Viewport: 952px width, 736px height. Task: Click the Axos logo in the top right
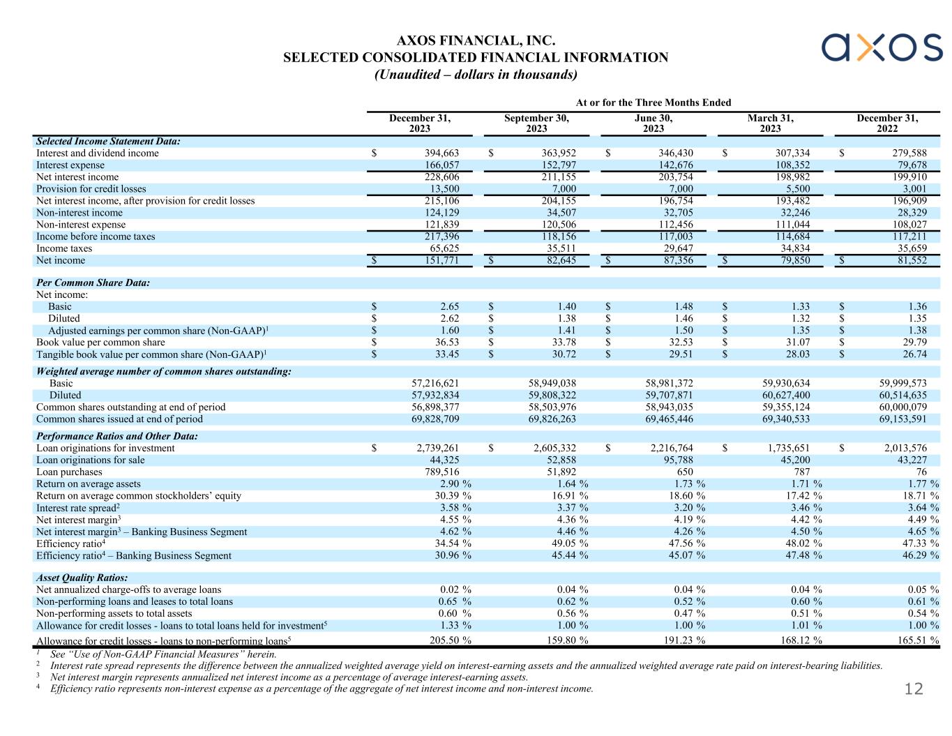[882, 47]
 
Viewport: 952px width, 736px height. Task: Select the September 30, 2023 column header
[536, 123]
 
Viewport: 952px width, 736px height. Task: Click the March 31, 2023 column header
[770, 123]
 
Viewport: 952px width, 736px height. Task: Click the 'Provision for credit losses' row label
[91, 189]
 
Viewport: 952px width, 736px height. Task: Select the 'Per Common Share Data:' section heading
[93, 283]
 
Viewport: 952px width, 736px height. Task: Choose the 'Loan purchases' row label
[69, 472]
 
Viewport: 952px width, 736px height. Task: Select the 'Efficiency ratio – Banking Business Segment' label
[134, 556]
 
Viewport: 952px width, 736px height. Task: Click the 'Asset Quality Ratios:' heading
[82, 578]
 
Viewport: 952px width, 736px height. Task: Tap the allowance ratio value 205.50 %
[448, 640]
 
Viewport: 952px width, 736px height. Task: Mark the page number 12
[914, 690]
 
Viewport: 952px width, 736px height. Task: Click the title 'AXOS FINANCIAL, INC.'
[476, 42]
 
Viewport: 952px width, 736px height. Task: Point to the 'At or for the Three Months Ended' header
[653, 103]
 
